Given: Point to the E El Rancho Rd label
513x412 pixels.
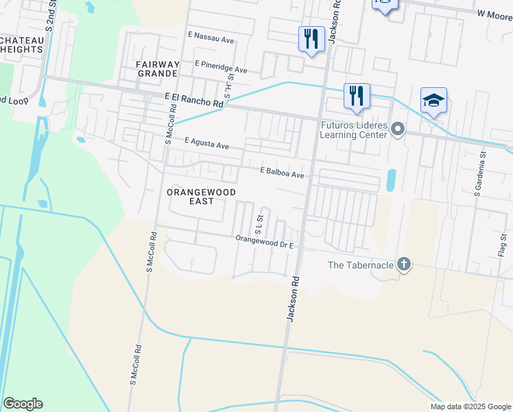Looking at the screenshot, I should (x=194, y=100).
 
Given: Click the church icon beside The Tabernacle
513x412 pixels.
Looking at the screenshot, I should (x=405, y=265).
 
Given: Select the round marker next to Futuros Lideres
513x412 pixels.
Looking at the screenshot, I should (x=398, y=129).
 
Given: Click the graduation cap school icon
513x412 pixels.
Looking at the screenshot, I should (x=434, y=101).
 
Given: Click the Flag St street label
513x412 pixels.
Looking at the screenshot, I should (x=503, y=246).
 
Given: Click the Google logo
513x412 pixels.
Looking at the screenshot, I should (x=23, y=404).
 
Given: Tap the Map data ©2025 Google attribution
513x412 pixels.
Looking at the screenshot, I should (x=470, y=407).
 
